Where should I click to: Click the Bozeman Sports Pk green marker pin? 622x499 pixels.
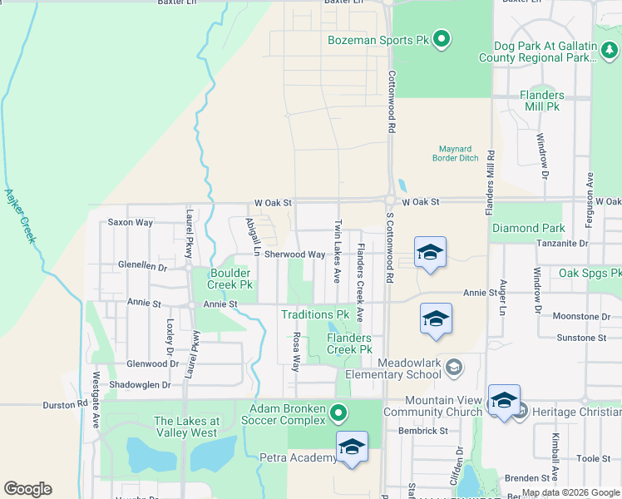[x=442, y=39]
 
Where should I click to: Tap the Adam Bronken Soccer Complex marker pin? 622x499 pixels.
[x=337, y=413]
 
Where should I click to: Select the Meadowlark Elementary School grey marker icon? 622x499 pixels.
[x=454, y=366]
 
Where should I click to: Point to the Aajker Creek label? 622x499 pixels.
[x=21, y=216]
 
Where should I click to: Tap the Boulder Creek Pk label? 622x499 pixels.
[x=230, y=278]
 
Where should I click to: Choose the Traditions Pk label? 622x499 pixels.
[x=314, y=314]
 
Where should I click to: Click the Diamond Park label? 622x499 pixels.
[x=528, y=228]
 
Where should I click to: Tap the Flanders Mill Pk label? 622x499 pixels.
[x=541, y=101]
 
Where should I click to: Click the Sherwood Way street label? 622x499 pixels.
[x=294, y=254]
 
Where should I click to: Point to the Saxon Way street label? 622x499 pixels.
[x=131, y=223]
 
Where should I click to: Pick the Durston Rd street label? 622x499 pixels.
[x=66, y=405]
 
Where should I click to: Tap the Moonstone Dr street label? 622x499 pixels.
[x=581, y=317]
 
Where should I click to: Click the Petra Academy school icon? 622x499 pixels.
[x=352, y=447]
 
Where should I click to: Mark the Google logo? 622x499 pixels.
[x=27, y=489]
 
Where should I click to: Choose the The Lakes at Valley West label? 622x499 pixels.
[x=186, y=427]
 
